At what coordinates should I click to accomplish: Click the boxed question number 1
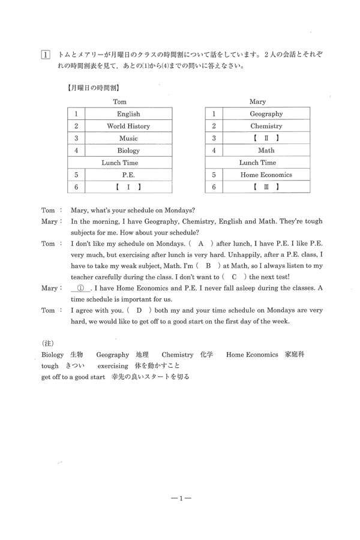pyautogui.click(x=45, y=55)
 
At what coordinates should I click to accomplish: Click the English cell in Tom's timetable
pyautogui.click(x=128, y=114)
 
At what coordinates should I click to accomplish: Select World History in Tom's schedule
pyautogui.click(x=128, y=127)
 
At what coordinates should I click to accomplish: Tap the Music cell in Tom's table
pyautogui.click(x=128, y=139)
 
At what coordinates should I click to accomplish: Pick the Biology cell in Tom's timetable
pyautogui.click(x=128, y=151)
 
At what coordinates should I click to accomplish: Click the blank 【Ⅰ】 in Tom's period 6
pyautogui.click(x=128, y=187)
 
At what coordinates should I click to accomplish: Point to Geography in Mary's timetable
pyautogui.click(x=266, y=114)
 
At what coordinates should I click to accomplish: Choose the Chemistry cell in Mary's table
pyautogui.click(x=266, y=127)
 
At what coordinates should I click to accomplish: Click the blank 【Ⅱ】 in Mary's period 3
pyautogui.click(x=266, y=139)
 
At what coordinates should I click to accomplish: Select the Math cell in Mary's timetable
pyautogui.click(x=266, y=151)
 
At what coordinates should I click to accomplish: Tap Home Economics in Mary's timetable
pyautogui.click(x=266, y=175)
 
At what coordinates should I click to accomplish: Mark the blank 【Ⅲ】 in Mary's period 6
pyautogui.click(x=266, y=187)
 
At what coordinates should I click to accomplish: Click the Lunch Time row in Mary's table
pyautogui.click(x=257, y=163)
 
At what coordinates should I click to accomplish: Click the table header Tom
pyautogui.click(x=119, y=102)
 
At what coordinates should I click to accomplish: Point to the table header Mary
pyautogui.click(x=257, y=102)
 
